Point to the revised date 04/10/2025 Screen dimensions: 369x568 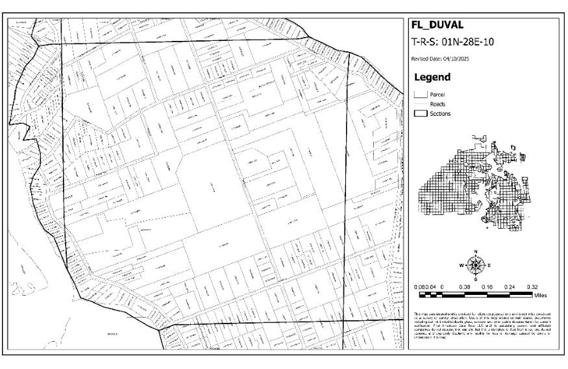[441, 60]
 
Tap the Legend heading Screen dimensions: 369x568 [432, 77]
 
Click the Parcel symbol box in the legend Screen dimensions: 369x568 [419, 94]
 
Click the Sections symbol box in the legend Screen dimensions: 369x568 [419, 114]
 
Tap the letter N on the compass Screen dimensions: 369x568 [476, 251]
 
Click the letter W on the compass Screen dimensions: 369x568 [462, 265]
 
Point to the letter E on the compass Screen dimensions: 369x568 [490, 265]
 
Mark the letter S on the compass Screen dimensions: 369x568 [476, 279]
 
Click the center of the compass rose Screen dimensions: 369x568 [476, 265]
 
